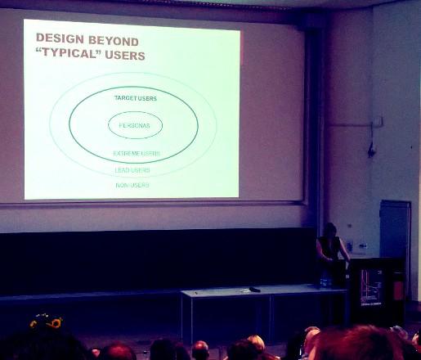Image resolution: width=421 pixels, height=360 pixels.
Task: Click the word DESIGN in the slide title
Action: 60,38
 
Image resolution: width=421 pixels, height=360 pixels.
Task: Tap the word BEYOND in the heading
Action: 114,41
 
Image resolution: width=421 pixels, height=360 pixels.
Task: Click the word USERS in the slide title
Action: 125,56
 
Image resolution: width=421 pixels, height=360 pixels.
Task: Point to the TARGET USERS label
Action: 136,98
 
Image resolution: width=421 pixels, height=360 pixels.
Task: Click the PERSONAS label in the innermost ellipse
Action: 135,125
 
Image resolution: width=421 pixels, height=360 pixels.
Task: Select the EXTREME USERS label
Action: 137,153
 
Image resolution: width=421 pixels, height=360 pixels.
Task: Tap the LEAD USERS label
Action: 132,170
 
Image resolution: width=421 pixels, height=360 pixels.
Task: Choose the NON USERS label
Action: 132,185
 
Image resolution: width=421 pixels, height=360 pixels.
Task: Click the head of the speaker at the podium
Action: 329,229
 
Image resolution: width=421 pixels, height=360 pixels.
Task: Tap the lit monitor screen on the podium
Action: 371,287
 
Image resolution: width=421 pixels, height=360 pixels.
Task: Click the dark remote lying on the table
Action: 255,290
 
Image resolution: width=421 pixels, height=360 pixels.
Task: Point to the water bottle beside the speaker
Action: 325,281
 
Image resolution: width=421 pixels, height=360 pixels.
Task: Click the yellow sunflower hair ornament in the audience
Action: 56,323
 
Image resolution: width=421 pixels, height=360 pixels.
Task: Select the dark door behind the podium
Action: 395,228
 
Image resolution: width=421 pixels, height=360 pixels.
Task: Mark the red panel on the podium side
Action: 398,289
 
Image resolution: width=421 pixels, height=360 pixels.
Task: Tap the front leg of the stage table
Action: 190,317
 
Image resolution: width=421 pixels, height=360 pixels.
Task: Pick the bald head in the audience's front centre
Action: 200,350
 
